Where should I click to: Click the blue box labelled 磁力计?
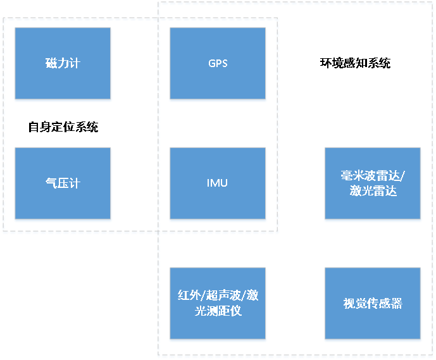coord(63,63)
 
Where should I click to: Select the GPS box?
coord(218,63)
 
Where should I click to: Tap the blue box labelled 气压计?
coord(63,183)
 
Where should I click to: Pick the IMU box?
coord(218,183)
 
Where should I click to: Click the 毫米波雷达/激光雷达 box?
coord(373,183)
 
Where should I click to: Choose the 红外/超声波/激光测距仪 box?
coord(218,303)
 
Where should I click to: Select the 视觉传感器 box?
coord(373,303)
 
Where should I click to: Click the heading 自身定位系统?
coord(63,127)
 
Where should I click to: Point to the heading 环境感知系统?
coord(355,63)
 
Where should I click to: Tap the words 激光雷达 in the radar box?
coord(373,191)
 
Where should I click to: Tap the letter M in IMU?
coord(217,183)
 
